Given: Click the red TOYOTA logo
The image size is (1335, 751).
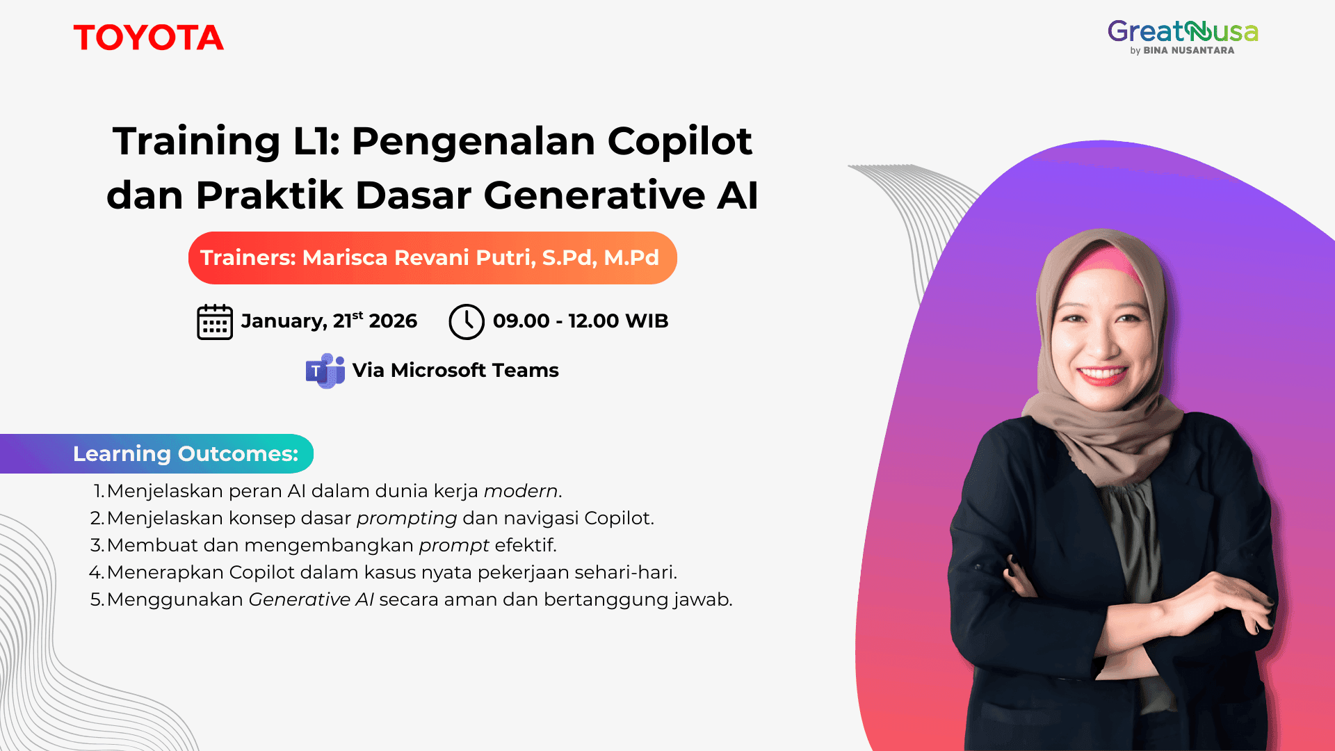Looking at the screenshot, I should click(x=148, y=38).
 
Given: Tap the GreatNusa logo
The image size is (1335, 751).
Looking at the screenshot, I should click(x=1182, y=33).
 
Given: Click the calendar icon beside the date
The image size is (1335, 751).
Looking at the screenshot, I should click(x=215, y=322).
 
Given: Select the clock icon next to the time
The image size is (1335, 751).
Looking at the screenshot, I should click(x=466, y=322).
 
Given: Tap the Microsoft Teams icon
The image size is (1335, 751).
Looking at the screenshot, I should click(x=325, y=371).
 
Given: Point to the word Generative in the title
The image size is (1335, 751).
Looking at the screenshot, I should click(x=594, y=195).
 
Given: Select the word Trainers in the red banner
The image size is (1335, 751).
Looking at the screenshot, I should click(x=248, y=258).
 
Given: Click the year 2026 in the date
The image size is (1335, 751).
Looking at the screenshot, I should click(x=393, y=321).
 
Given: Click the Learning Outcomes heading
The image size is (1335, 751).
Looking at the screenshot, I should click(x=185, y=454).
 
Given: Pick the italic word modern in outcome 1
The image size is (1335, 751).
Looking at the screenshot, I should click(x=521, y=491).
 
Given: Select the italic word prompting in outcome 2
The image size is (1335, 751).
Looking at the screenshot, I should click(x=407, y=518).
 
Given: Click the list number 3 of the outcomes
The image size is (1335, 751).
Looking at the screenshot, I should click(x=97, y=545).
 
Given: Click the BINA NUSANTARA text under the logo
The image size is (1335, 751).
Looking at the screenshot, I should click(x=1188, y=51).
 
